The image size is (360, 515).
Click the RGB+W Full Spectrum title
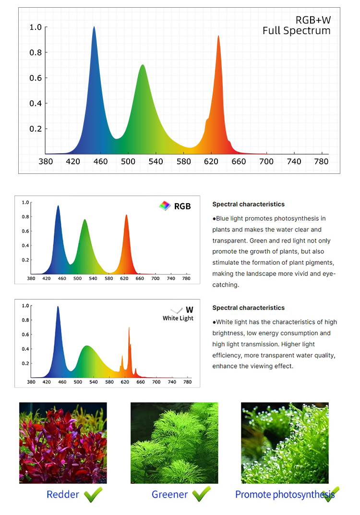[296, 25]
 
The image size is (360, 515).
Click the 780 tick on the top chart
[321, 162]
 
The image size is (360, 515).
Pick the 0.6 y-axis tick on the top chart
[36, 78]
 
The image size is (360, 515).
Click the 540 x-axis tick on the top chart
[156, 162]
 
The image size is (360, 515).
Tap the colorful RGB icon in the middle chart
[165, 206]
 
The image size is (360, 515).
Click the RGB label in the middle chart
[182, 206]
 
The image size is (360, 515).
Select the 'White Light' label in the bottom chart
[178, 319]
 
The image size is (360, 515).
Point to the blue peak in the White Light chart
[58, 308]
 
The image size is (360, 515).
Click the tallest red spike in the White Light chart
[129, 329]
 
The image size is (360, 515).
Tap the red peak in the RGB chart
[127, 217]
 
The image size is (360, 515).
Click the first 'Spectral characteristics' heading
[248, 204]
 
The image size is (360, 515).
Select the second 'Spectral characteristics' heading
[248, 307]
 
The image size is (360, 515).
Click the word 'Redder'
[63, 494]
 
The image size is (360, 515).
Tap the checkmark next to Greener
[201, 494]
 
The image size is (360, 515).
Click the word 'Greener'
[170, 494]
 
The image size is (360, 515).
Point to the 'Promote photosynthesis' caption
[278, 494]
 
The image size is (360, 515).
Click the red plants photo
[63, 442]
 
